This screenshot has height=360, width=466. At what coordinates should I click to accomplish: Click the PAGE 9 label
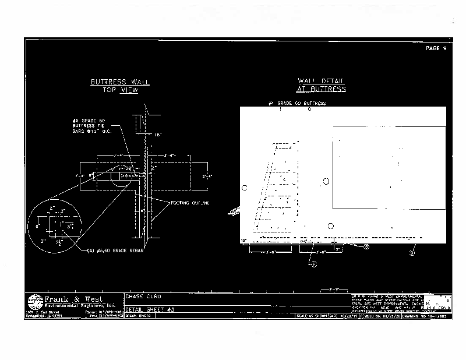436,48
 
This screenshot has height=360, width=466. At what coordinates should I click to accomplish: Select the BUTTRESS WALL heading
120,82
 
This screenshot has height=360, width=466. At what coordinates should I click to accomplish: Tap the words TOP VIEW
120,91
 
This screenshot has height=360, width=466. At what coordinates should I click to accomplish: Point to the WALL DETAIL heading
321,80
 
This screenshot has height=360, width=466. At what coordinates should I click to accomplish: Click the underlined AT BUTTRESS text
321,89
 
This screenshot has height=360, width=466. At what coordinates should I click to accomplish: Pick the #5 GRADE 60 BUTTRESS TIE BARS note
90,125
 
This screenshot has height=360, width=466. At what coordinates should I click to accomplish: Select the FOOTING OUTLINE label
190,203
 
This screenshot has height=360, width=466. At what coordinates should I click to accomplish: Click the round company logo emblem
35,302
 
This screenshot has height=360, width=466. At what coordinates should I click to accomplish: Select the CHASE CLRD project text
142,295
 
